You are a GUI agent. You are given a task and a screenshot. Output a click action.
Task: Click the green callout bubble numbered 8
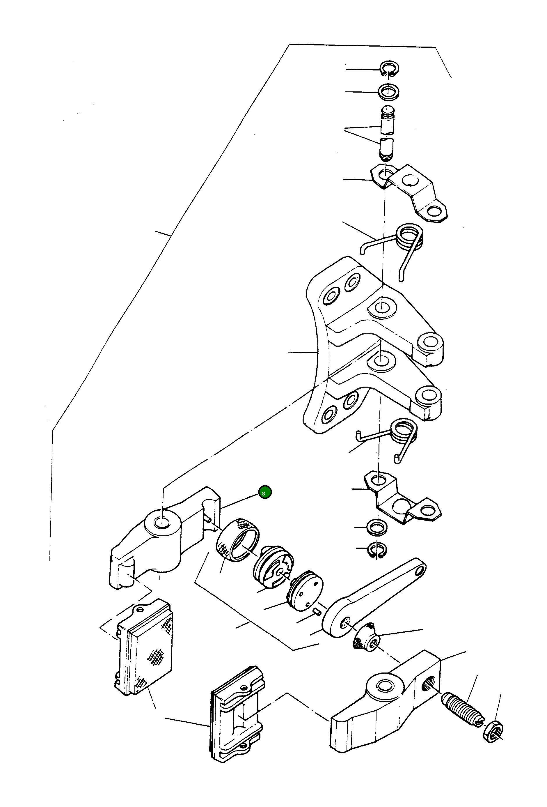265,492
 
